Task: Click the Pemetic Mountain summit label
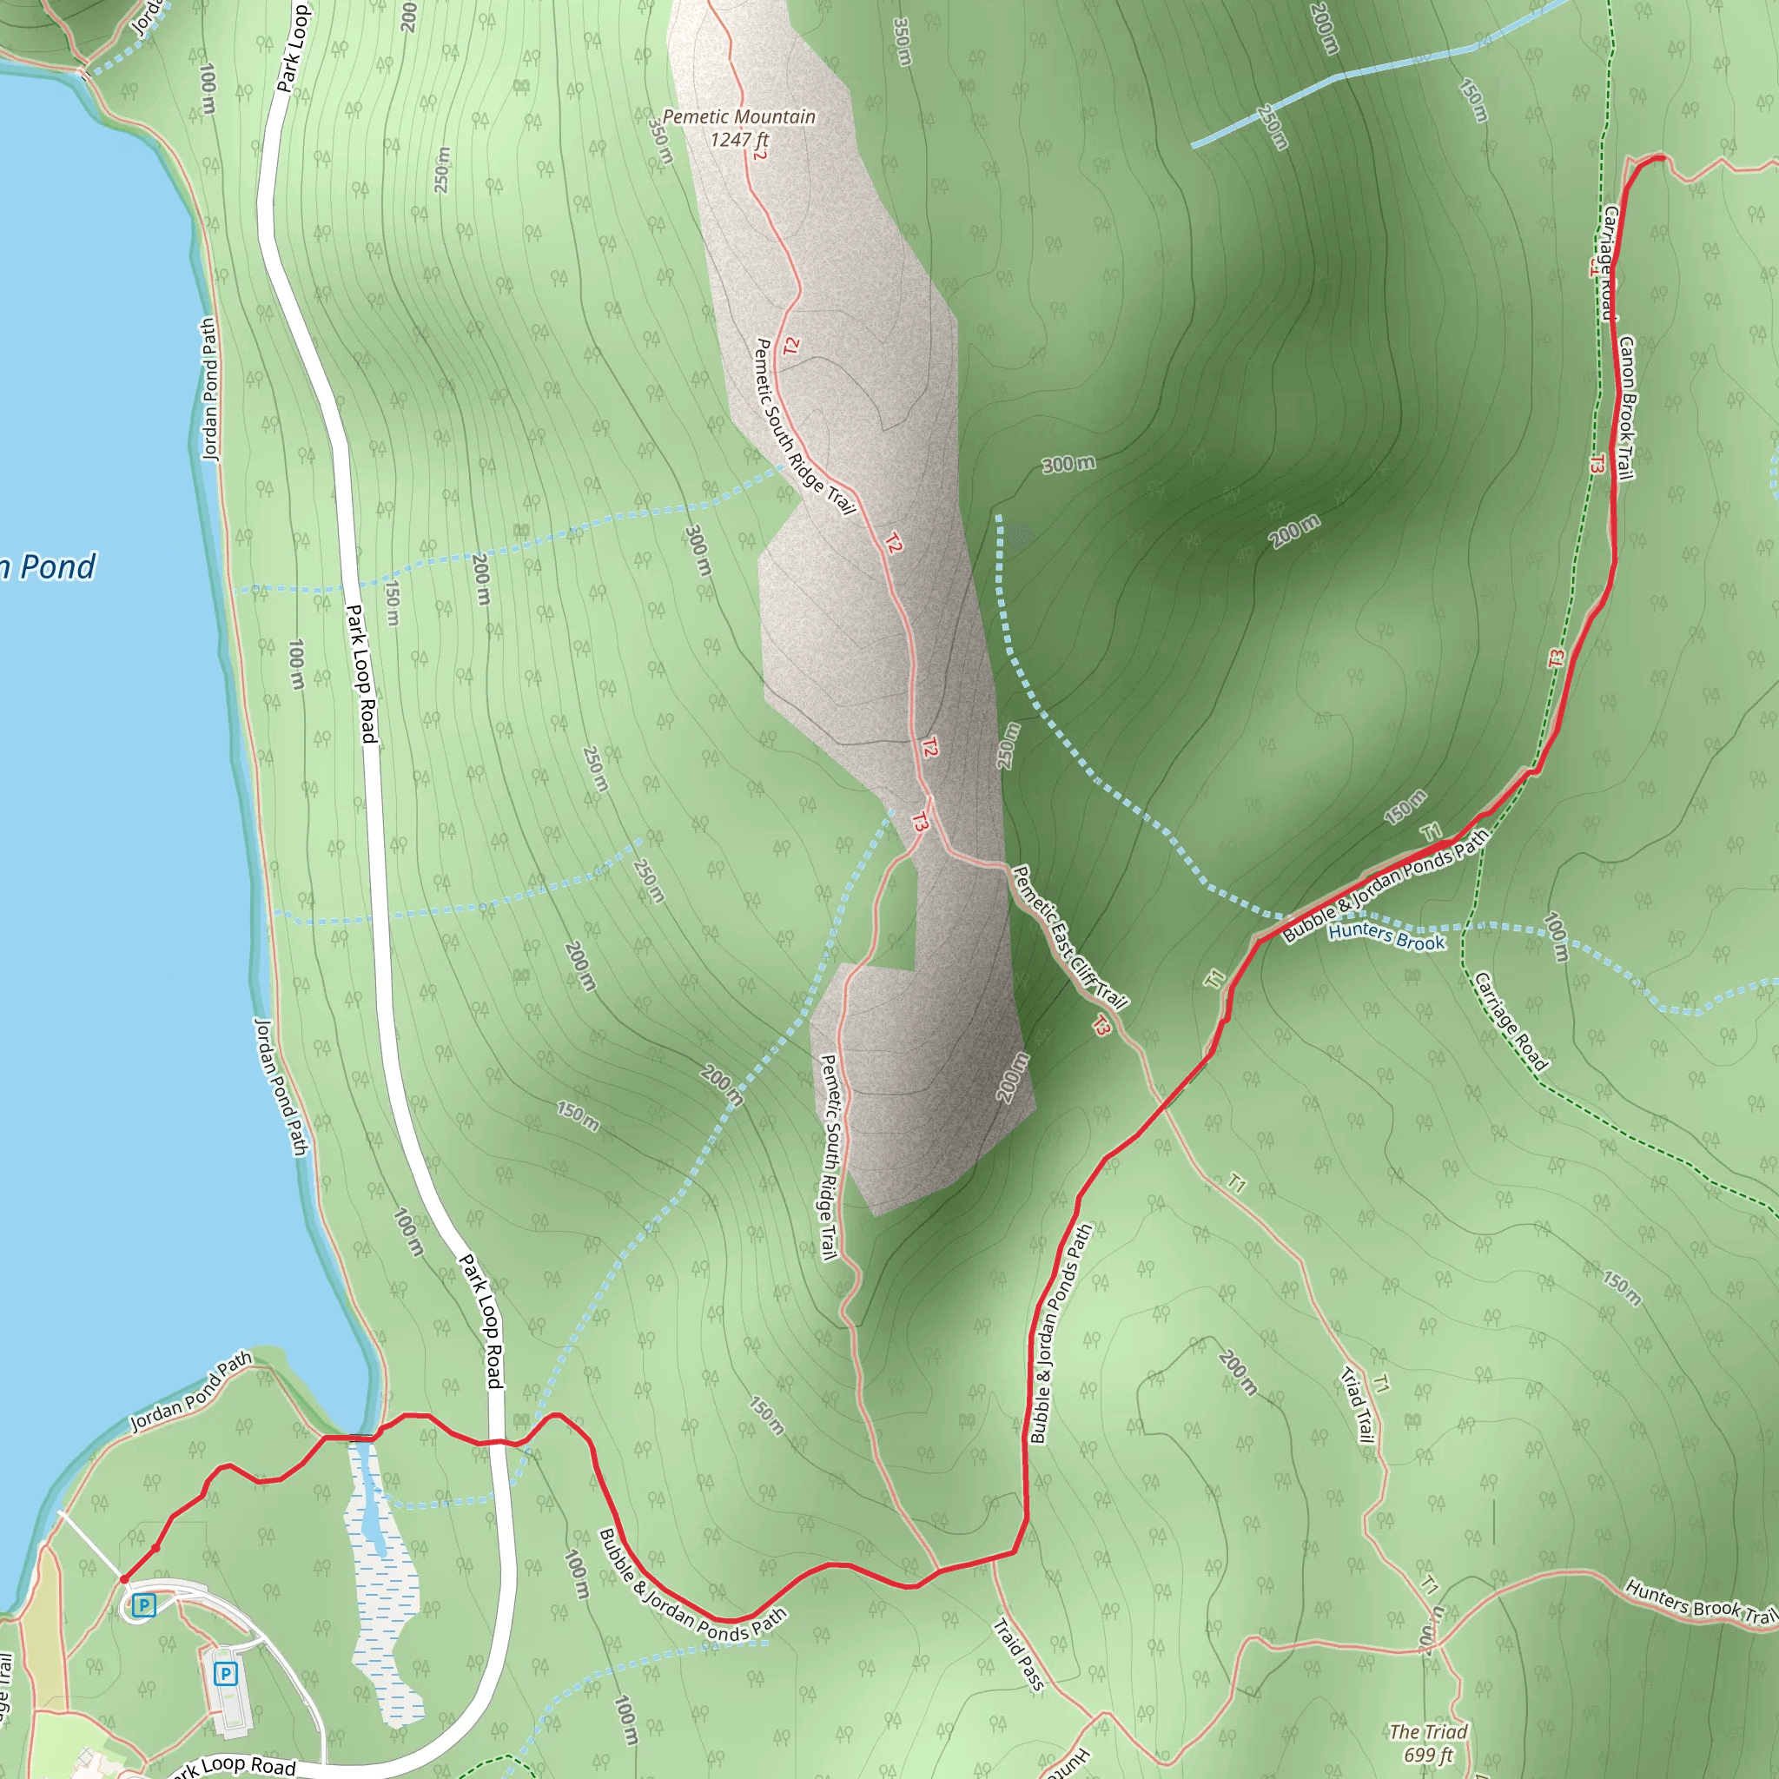[x=738, y=117]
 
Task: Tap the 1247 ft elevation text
[x=738, y=140]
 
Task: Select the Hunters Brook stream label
[x=1386, y=937]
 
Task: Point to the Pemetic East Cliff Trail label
[x=1069, y=936]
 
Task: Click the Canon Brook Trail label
[x=1626, y=408]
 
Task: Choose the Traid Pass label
[x=1018, y=1655]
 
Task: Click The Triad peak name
[x=1428, y=1732]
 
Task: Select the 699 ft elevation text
[x=1428, y=1755]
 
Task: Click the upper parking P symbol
[x=143, y=1606]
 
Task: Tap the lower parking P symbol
[x=226, y=1673]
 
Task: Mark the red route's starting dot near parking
[x=123, y=1579]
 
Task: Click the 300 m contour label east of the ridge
[x=1068, y=464]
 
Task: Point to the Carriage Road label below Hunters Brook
[x=1510, y=1022]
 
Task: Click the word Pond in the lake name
[x=58, y=567]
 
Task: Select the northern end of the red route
[x=1660, y=159]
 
